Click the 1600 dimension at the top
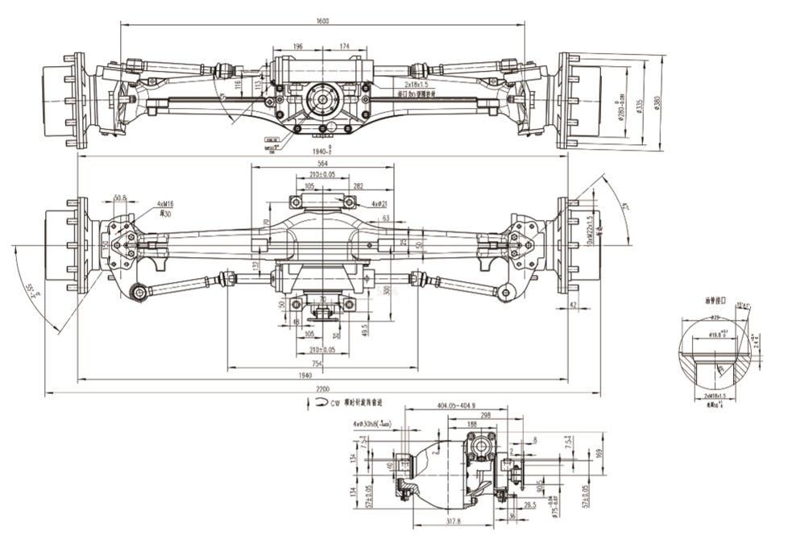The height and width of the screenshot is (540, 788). coord(321,22)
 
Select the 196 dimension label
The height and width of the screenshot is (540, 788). coord(298,47)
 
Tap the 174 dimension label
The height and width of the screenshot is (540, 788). coord(344,47)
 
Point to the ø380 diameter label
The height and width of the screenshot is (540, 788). coord(658,102)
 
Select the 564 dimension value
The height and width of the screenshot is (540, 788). coord(322,164)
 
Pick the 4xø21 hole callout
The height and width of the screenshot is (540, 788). coord(380,204)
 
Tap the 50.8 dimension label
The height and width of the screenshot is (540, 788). coord(120,197)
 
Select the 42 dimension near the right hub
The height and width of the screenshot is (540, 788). coord(573,305)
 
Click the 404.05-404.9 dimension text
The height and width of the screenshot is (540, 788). coord(456,406)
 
